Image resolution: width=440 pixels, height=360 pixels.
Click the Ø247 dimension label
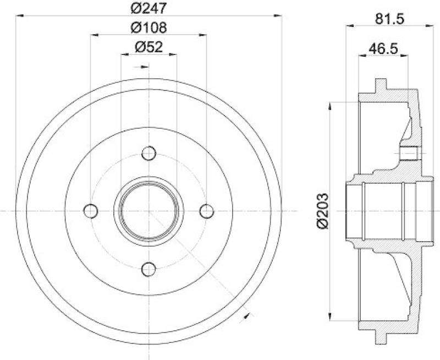[148, 8]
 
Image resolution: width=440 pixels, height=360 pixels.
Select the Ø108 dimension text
[148, 28]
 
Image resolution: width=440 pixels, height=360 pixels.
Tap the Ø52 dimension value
[148, 47]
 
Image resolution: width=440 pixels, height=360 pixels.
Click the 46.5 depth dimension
[383, 48]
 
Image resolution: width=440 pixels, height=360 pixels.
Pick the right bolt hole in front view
[206, 210]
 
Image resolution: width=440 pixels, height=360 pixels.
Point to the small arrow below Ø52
[145, 67]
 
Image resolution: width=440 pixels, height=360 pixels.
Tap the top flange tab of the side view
[380, 86]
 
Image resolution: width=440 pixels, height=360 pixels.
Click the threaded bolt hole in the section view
[410, 153]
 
